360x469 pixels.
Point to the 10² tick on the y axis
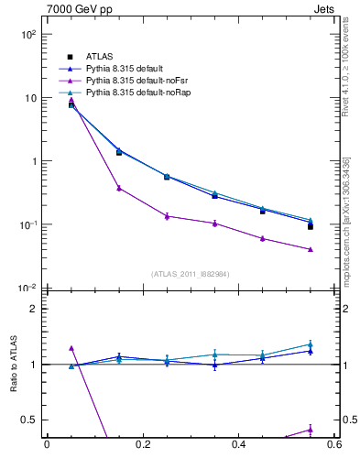27,34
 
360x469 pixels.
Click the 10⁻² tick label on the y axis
27,289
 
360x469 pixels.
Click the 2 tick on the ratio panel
34,309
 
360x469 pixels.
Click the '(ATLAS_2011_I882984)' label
191,274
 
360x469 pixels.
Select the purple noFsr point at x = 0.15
119,188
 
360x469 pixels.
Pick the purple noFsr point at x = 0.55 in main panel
311,249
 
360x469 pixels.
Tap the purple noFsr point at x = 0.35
214,223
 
